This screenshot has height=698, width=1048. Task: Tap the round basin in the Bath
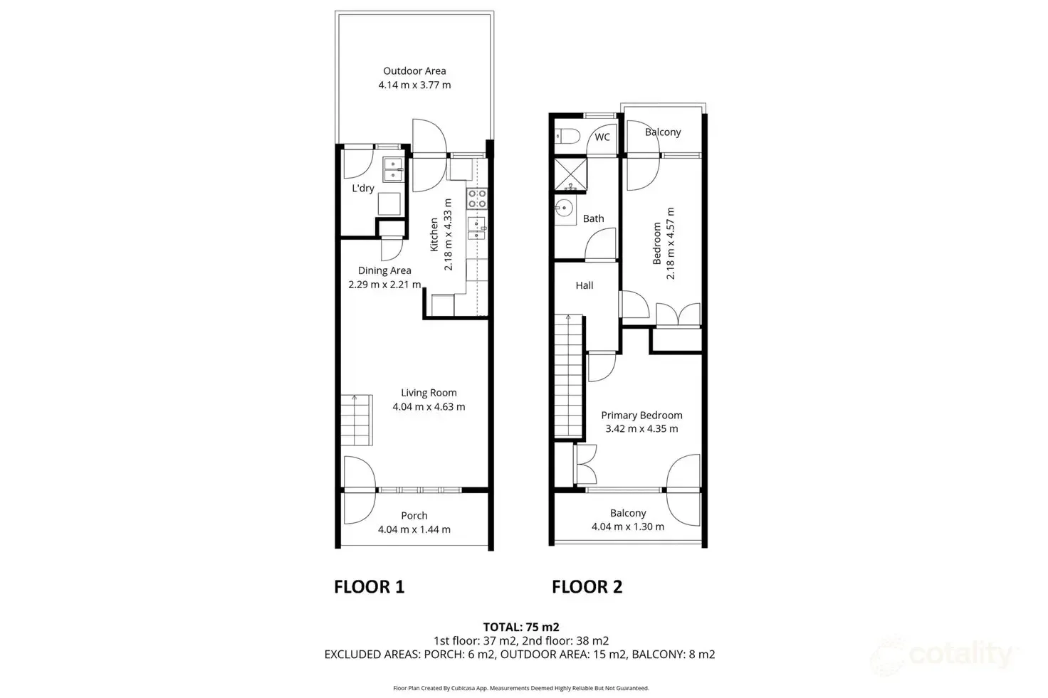tap(565, 209)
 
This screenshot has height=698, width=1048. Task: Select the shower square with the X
tap(571, 174)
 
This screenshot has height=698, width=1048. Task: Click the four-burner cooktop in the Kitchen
tap(476, 199)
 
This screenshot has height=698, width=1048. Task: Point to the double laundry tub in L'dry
tap(393, 170)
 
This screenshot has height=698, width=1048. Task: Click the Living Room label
tap(429, 393)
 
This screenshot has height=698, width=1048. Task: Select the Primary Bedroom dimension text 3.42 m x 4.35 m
tap(641, 429)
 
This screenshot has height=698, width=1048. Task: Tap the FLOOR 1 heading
tap(369, 587)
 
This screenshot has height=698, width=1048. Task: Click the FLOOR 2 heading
tap(587, 587)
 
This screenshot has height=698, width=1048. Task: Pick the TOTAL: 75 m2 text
tap(521, 627)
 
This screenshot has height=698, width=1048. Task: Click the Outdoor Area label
tap(414, 71)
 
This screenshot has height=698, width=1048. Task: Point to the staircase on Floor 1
tap(356, 420)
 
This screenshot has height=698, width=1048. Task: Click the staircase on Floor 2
tap(569, 377)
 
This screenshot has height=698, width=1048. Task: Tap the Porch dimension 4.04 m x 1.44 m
tap(414, 529)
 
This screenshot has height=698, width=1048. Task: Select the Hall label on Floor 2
tap(585, 285)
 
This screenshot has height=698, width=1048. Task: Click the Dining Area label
tap(384, 270)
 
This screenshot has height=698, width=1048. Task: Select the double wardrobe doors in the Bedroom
tap(678, 315)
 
